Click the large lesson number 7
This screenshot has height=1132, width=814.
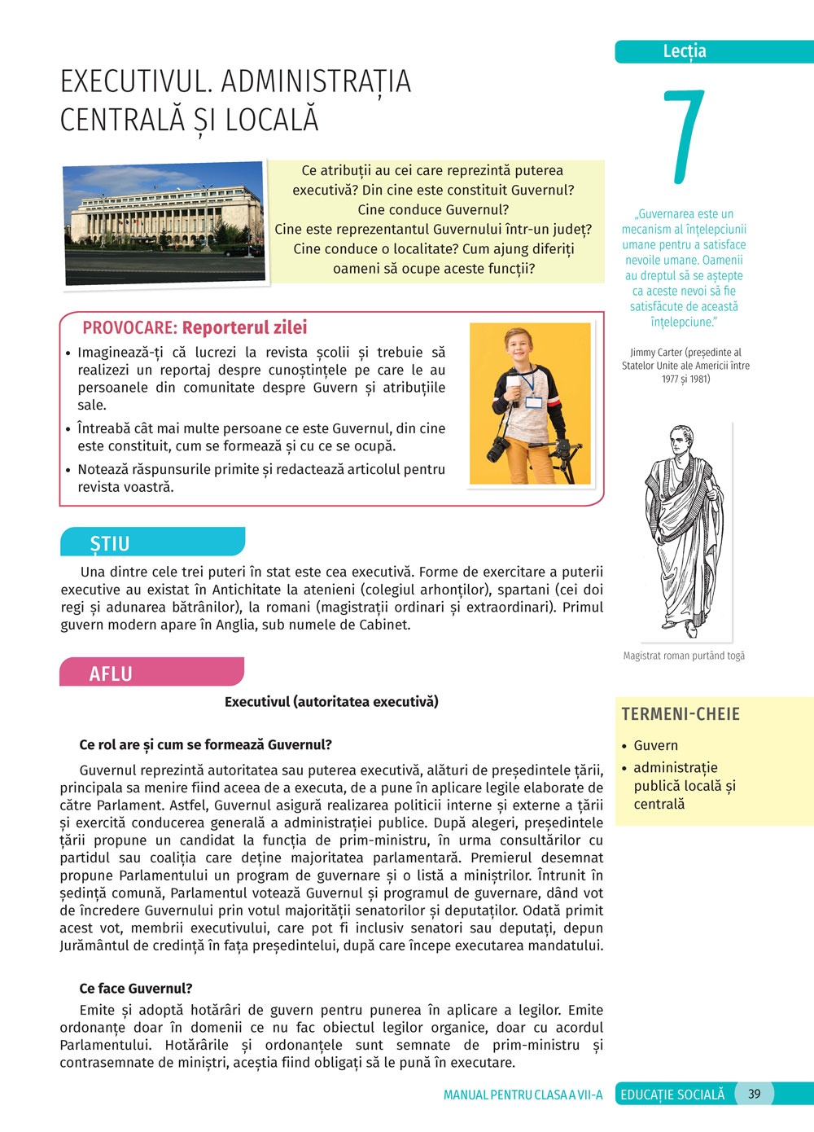tap(684, 137)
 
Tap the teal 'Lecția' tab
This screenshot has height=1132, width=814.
tap(685, 51)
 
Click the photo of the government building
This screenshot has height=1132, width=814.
tap(165, 224)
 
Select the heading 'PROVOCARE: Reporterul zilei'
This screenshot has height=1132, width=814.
tap(195, 328)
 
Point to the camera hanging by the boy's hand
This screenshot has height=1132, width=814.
tap(498, 448)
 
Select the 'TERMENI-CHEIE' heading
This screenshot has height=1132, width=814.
tap(681, 714)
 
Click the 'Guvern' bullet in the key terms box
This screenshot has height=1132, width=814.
tap(655, 745)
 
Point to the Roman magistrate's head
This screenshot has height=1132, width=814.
tap(679, 439)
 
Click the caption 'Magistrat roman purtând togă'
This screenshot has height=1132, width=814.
tap(684, 656)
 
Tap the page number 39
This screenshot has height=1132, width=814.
tap(755, 1094)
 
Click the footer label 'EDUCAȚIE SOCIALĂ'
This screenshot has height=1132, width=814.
tap(672, 1095)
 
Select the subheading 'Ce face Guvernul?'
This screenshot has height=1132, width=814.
tap(136, 988)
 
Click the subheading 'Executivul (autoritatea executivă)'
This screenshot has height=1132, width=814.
tap(331, 701)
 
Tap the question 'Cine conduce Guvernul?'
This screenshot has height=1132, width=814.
tap(433, 209)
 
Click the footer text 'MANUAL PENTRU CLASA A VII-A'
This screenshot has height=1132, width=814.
tap(523, 1095)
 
